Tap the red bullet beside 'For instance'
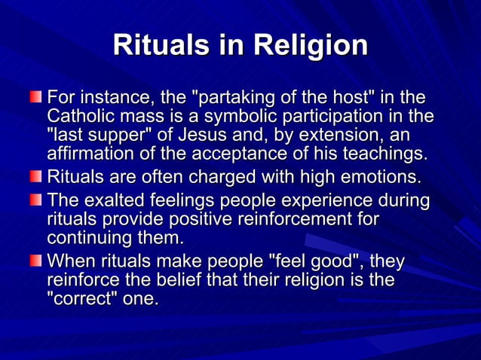pos(36,99)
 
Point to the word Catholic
pos(77,117)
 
